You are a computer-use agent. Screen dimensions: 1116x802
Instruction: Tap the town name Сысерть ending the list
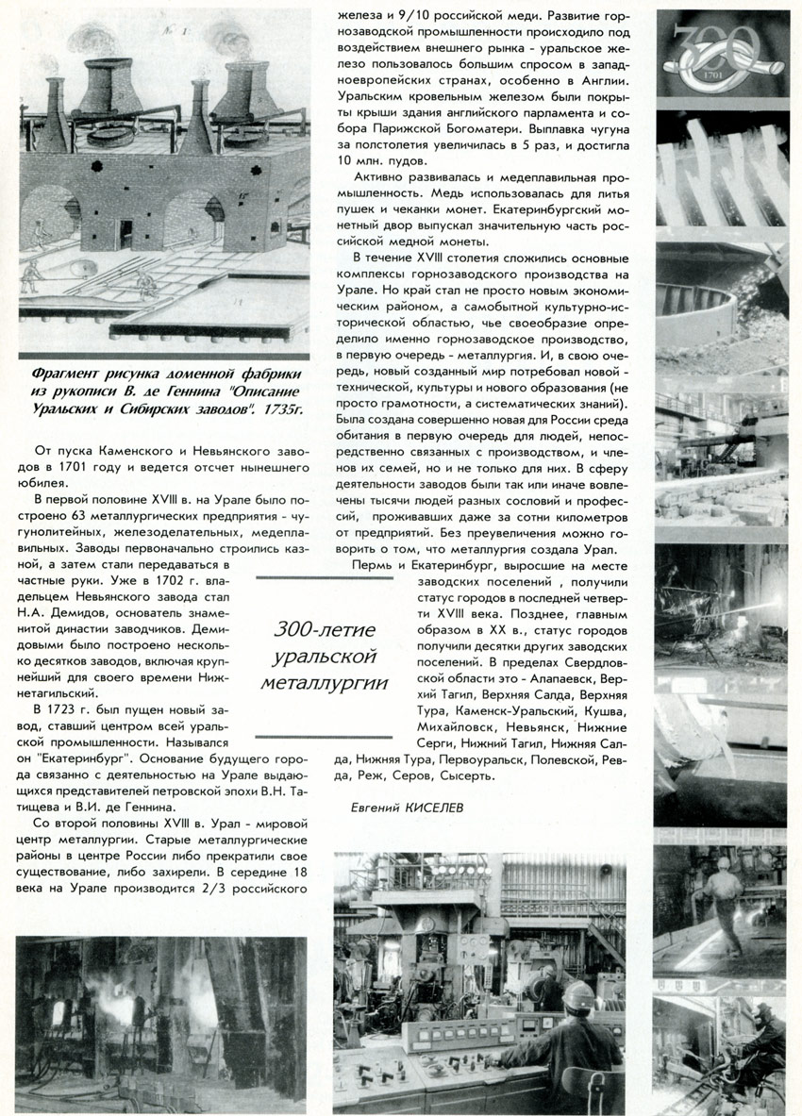click(461, 775)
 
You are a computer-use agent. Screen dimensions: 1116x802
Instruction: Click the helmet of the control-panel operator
click(575, 993)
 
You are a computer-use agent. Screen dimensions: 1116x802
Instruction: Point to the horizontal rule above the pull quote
click(325, 577)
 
